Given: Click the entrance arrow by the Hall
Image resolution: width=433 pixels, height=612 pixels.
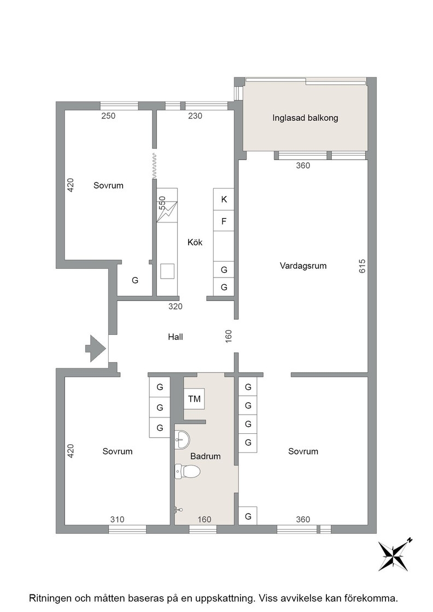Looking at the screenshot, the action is pos(96,348).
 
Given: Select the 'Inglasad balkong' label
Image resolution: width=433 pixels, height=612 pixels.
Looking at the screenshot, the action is pos(305,118).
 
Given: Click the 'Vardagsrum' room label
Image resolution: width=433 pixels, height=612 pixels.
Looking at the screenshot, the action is pos(303,266).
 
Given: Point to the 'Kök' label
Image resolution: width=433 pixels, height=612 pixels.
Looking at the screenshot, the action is pos(195,243).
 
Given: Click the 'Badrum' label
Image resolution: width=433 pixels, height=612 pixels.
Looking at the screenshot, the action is pos(206,456).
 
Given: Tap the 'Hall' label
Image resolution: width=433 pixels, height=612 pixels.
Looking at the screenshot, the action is pos(175,337).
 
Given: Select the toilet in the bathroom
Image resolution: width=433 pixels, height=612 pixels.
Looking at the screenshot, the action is pos(188,472).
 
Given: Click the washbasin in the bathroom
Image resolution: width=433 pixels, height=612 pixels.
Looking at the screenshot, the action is pos(183,439).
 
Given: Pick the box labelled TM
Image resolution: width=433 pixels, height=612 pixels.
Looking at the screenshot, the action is pos(194,398).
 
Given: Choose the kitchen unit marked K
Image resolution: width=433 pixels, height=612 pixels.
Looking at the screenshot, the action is pos(224,199).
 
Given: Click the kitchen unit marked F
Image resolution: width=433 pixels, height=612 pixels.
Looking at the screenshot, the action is pos(224,221).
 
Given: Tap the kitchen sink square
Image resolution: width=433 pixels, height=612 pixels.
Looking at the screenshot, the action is pos(167,271).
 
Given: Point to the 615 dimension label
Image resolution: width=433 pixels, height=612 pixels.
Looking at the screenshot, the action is pos(362,266).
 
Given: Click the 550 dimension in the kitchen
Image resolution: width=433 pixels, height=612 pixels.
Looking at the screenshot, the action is pos(162,203).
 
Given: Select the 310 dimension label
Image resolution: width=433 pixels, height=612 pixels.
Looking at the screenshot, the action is pos(117,519).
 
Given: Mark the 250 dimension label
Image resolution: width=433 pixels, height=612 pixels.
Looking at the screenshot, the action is pos(108,115).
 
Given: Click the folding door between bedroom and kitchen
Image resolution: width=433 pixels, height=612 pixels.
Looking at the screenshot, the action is pos(155,164).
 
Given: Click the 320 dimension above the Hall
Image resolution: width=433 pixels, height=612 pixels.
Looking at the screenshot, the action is pos(175,307).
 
